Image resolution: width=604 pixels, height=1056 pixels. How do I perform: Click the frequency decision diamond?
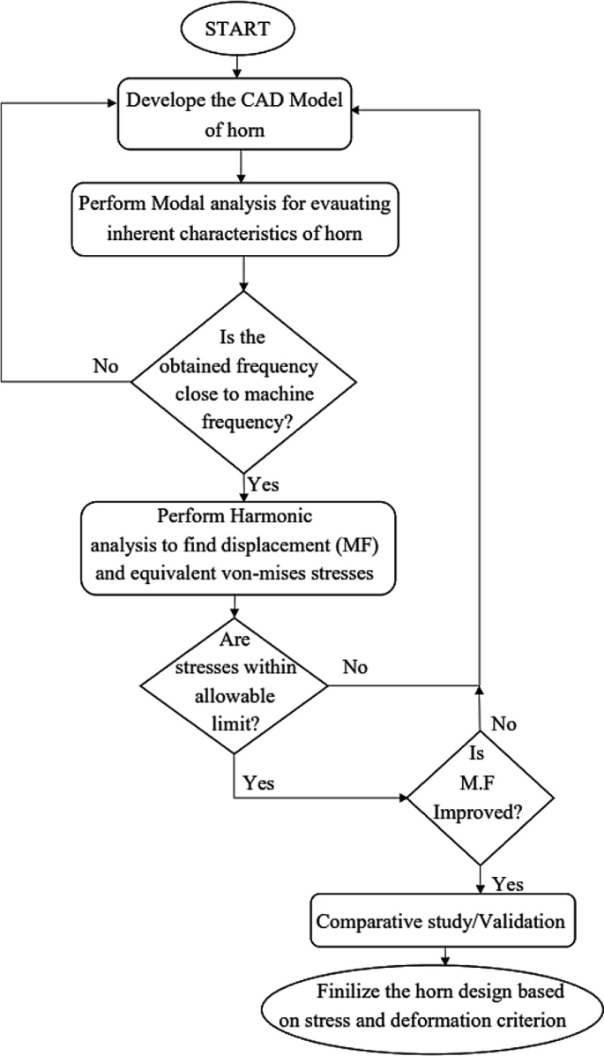pyautogui.click(x=243, y=381)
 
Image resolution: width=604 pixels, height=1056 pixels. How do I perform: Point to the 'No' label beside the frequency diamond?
pyautogui.click(x=107, y=365)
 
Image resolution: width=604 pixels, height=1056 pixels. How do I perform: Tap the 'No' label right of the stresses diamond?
pyautogui.click(x=354, y=668)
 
